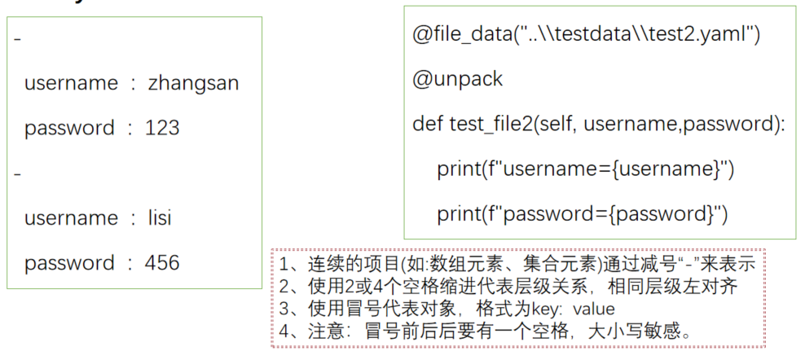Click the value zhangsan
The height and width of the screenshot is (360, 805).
pos(193,83)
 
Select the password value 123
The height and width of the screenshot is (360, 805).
pos(162,128)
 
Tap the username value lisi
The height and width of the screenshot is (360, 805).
pos(160,218)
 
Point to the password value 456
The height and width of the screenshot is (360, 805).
pos(162,263)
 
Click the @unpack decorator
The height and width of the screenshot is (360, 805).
pos(458,79)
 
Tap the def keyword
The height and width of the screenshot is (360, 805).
pos(428,124)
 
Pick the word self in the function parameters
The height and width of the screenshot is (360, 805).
pos(557,124)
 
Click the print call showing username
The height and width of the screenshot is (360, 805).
pos(585,169)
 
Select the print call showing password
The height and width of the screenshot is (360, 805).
pos(582,213)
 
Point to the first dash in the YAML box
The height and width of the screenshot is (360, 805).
pos(18,38)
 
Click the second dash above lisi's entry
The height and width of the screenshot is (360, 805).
pos(18,173)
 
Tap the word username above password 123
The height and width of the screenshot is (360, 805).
pos(71,83)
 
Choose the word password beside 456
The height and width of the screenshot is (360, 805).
pos(69,263)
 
